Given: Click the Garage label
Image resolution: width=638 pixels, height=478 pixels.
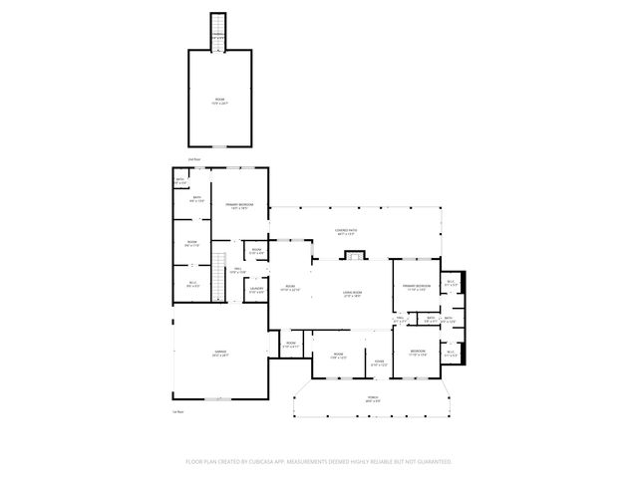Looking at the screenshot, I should pyautogui.click(x=220, y=354).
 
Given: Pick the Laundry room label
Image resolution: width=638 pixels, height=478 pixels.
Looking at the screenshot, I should pyautogui.click(x=256, y=290).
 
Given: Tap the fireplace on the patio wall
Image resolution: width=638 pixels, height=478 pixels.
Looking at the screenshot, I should pyautogui.click(x=352, y=256).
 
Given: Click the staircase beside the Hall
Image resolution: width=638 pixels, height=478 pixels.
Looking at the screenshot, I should pyautogui.click(x=220, y=267).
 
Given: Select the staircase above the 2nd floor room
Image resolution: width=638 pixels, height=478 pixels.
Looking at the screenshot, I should pyautogui.click(x=218, y=33).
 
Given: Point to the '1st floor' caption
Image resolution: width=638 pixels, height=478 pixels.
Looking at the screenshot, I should pyautogui.click(x=178, y=411).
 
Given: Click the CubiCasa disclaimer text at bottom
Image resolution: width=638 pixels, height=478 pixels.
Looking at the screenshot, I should pyautogui.click(x=319, y=462).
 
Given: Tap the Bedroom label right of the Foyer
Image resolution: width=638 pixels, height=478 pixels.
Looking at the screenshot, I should pyautogui.click(x=417, y=352).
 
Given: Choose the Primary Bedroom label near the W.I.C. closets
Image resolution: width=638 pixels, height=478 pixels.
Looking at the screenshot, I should pyautogui.click(x=416, y=288).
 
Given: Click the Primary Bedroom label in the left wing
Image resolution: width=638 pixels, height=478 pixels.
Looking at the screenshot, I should pyautogui.click(x=239, y=206).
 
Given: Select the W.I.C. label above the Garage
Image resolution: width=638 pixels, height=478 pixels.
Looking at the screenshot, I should pyautogui.click(x=192, y=285).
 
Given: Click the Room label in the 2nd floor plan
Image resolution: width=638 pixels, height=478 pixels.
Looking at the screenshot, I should pyautogui.click(x=219, y=101).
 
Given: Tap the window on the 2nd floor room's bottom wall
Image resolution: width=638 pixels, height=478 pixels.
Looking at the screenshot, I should pyautogui.click(x=219, y=144).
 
